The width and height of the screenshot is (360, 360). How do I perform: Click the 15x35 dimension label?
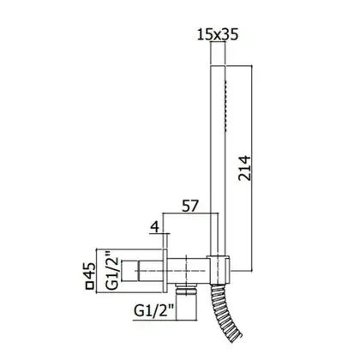[218, 34]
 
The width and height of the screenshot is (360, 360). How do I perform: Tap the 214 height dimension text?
[244, 168]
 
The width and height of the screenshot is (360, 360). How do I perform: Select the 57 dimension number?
[190, 206]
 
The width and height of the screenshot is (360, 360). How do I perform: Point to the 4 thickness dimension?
[154, 227]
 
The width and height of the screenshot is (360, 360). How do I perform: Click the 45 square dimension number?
[90, 271]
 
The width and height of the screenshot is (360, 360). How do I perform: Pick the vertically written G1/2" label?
[111, 271]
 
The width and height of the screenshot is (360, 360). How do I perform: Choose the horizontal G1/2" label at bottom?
[154, 311]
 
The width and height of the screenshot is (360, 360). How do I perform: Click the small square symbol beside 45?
[90, 286]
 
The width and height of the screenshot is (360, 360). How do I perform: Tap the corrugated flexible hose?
[225, 311]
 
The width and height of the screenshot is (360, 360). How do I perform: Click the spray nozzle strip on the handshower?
[225, 106]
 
